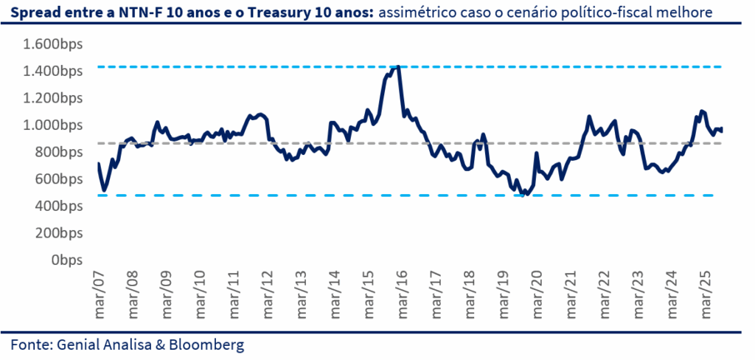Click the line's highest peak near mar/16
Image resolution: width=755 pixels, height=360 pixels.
pos(398,66)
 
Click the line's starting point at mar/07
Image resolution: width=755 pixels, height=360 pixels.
pos(98,164)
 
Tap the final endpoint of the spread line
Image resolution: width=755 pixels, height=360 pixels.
pos(722,130)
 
